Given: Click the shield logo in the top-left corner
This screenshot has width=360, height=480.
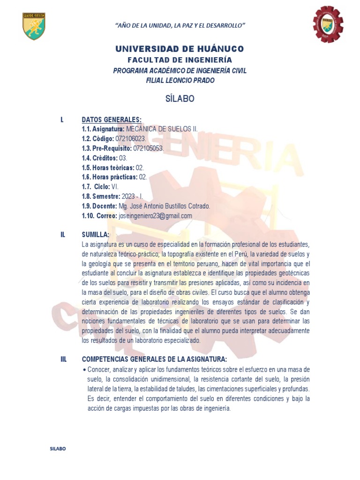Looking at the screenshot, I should [x=34, y=26].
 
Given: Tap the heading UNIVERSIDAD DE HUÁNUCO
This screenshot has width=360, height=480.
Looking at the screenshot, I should [x=180, y=49].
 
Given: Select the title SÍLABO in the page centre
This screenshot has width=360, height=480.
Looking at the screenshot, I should [x=180, y=99].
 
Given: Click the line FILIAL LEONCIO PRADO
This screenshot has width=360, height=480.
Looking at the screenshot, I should [x=180, y=80].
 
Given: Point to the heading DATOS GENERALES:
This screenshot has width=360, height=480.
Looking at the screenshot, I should [x=112, y=120].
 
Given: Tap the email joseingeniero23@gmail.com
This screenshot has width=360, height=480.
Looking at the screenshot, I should [x=156, y=216].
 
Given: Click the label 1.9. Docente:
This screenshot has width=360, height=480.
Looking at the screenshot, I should [x=99, y=206].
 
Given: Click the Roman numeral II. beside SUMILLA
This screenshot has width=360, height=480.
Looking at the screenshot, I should [x=62, y=234].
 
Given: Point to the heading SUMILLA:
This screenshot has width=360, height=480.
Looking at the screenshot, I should [x=96, y=234].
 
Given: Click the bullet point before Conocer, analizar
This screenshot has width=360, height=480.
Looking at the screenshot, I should [x=84, y=370].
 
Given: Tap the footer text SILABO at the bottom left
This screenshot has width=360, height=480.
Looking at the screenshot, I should [x=58, y=449].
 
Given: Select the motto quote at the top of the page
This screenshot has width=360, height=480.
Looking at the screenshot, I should [x=180, y=24].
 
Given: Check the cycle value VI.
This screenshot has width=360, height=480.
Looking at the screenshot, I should [x=115, y=187].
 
